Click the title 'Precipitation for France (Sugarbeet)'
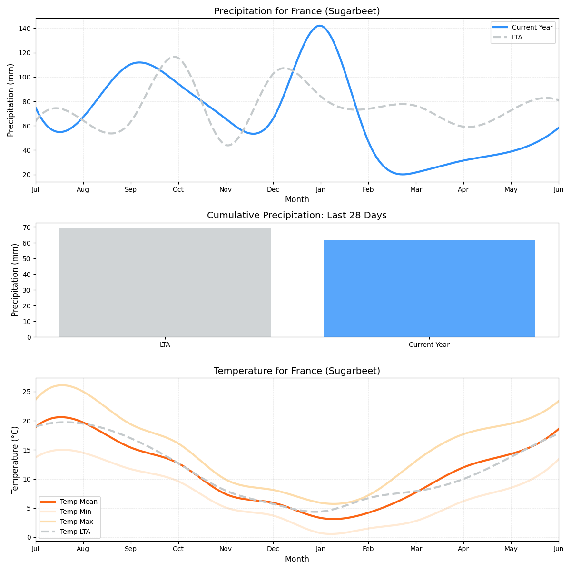click(x=297, y=11)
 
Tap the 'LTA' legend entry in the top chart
click(x=517, y=37)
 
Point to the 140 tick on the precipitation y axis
click(x=25, y=29)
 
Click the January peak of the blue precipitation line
click(x=319, y=26)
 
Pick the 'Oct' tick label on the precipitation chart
click(x=178, y=190)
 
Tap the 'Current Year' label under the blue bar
click(x=429, y=345)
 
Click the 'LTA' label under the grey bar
click(x=165, y=345)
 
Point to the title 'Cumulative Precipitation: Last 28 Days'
click(x=297, y=216)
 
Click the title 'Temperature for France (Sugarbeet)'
click(x=297, y=371)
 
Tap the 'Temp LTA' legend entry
click(x=75, y=532)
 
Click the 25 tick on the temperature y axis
click(x=27, y=392)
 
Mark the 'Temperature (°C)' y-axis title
click(x=15, y=460)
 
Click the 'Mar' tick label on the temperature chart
click(x=416, y=550)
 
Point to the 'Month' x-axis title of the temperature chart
click(x=297, y=560)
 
